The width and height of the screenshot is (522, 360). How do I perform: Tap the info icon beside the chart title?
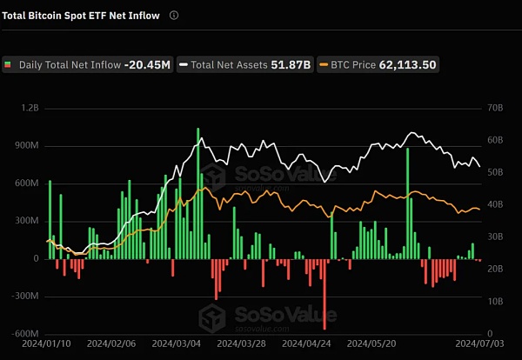pos(174,16)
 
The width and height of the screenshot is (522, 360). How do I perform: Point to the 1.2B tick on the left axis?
pos(30,109)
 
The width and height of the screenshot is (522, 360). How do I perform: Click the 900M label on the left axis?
pos(29,146)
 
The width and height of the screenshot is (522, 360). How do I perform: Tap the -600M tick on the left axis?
pos(27,334)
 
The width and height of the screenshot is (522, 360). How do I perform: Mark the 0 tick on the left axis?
pos(37,259)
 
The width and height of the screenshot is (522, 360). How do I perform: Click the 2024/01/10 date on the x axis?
pos(46,345)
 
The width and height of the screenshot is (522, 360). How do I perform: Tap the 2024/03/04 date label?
pos(178,345)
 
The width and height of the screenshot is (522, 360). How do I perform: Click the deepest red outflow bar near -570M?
pos(325,294)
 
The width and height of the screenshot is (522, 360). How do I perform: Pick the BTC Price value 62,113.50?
pos(408,64)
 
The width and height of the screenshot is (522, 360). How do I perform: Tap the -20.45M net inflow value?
pos(148,64)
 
